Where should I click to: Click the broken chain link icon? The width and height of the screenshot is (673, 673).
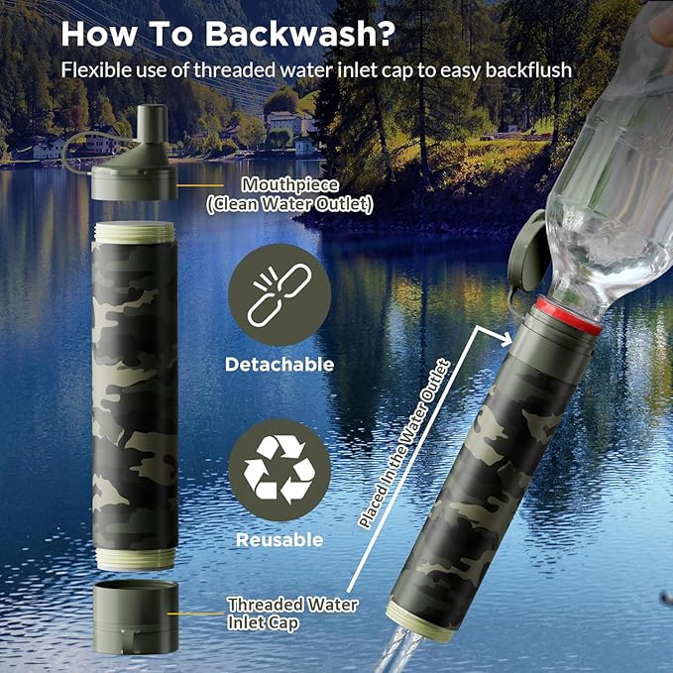coord(280,294)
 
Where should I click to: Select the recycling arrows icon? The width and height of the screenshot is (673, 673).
coord(280,469)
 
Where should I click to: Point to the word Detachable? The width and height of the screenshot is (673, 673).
coord(280,365)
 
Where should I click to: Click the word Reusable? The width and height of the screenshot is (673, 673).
coord(280,540)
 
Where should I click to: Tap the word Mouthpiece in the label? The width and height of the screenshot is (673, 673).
coord(290,185)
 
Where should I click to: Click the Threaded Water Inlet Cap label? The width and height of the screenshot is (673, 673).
coord(292,614)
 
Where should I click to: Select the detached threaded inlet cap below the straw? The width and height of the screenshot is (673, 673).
coord(135,617)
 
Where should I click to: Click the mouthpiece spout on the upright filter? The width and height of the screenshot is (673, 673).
coord(152,124)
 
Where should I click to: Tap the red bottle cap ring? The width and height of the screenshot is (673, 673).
coord(569,316)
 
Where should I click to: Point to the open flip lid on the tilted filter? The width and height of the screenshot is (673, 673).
coord(529,253)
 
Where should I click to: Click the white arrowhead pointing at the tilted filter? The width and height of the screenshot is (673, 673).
coord(506,340)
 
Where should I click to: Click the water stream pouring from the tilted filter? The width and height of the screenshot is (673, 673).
coord(397,650)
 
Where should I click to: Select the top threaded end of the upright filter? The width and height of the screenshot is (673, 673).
coord(135,233)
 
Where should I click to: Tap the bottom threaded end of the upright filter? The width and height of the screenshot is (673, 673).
coord(136,558)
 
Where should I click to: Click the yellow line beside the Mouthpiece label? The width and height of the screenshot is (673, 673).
coord(200,185)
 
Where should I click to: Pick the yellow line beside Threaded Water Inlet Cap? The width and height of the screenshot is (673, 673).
coord(195,614)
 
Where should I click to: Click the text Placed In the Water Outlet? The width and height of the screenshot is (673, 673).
coord(403,445)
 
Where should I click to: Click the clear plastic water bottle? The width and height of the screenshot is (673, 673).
coord(610,168)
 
